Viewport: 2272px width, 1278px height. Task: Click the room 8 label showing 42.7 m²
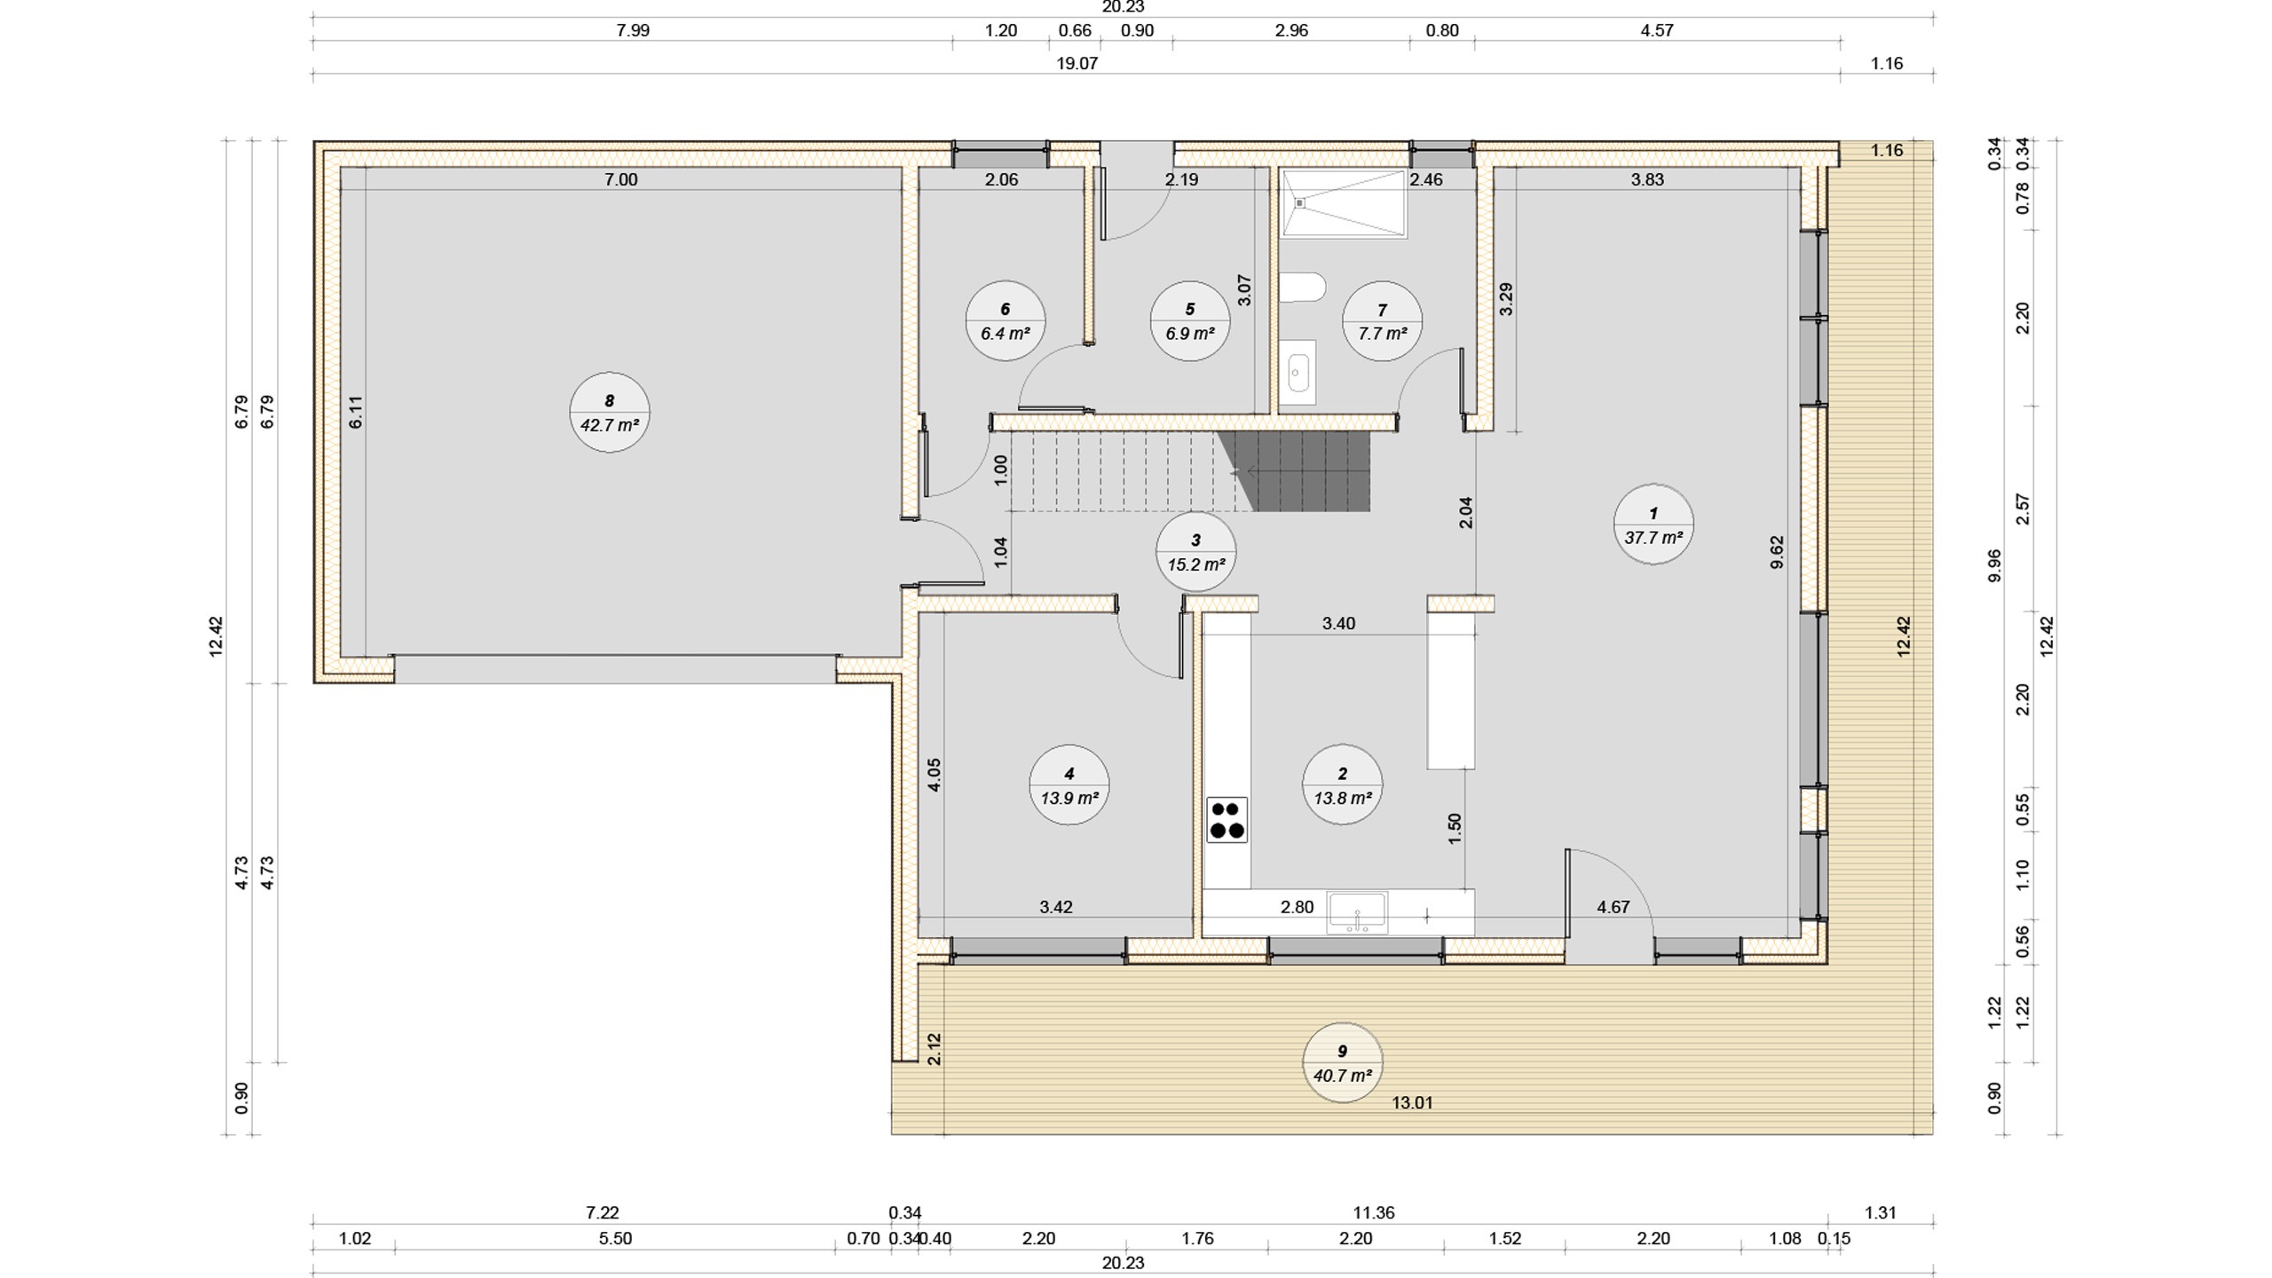point(610,414)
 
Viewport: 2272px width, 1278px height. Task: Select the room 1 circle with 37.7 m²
point(1653,525)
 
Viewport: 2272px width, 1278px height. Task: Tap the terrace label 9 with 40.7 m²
point(1343,1062)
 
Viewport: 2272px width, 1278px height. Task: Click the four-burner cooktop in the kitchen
point(1227,819)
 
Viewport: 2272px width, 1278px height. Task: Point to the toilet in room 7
point(1303,288)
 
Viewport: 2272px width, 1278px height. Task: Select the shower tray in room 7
point(1344,203)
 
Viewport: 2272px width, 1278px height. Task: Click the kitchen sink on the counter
point(1357,913)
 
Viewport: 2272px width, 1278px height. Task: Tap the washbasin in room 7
point(1298,372)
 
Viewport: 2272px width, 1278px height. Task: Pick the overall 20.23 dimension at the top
point(1123,7)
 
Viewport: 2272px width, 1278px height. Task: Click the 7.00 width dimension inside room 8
point(621,179)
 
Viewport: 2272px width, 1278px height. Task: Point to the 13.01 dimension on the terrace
point(1412,1103)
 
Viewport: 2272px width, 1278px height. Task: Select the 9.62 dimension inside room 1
point(1777,552)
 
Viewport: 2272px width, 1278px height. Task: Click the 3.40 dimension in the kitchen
point(1338,623)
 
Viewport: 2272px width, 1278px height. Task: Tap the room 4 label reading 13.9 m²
point(1069,785)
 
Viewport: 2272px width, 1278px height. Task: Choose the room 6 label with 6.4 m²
point(1006,320)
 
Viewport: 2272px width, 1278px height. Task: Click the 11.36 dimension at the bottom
point(1373,1212)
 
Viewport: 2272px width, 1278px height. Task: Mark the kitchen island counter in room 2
point(1451,690)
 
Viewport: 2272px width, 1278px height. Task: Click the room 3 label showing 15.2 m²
point(1196,552)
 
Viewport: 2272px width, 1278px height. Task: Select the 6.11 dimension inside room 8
point(355,413)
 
